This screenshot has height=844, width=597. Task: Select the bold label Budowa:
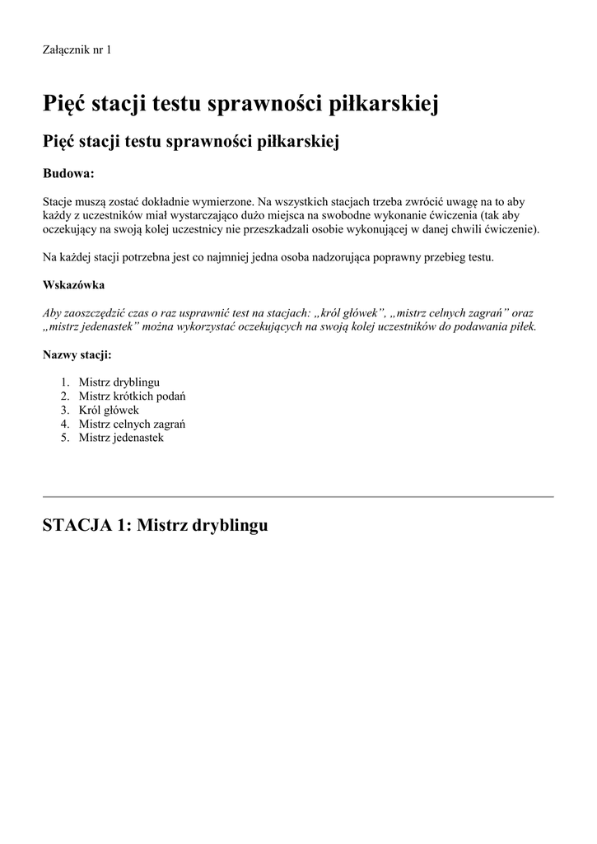(68, 174)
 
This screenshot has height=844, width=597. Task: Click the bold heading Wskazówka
(73, 285)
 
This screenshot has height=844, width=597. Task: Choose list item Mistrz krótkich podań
(132, 396)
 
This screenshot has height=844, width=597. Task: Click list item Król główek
(109, 410)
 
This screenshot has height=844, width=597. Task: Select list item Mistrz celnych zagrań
(132, 424)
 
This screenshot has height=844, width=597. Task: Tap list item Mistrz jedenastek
(121, 438)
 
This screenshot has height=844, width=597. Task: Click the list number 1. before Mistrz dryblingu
(65, 382)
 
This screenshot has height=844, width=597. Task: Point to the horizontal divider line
(297, 497)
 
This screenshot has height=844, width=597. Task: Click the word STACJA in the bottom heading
(76, 525)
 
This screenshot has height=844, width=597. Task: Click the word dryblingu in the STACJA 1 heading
(230, 525)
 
